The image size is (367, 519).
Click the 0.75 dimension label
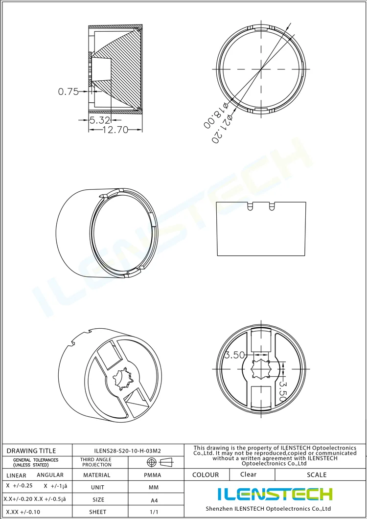point(68,91)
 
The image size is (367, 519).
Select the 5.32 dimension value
point(100,119)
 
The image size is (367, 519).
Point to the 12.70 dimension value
point(115,130)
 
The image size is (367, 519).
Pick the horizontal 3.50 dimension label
point(234,356)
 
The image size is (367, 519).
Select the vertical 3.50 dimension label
point(282,391)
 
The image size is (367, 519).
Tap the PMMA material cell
point(153,475)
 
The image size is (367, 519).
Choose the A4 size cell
point(153,500)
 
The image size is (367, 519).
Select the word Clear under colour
point(248,474)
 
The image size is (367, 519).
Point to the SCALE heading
point(317,475)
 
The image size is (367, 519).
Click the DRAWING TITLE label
point(31,451)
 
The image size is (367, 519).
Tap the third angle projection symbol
point(160,462)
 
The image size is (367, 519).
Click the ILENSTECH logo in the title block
point(275,494)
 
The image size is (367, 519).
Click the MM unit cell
point(153,488)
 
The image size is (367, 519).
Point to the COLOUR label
point(206,475)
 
